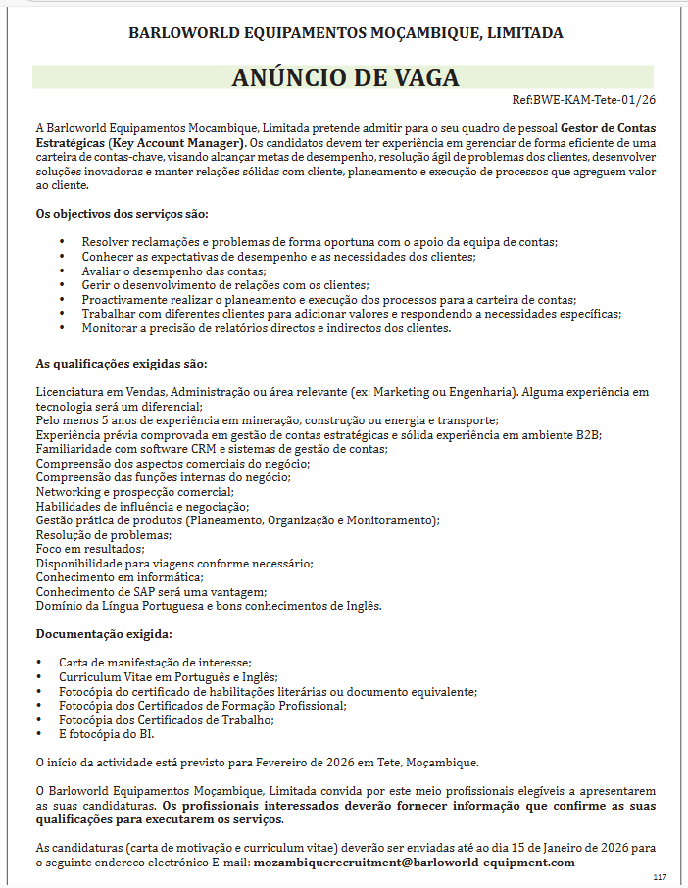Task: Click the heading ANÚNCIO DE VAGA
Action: (x=345, y=77)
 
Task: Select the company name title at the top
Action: (x=345, y=33)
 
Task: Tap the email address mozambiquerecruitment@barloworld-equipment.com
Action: (x=414, y=862)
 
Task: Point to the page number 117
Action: (x=660, y=876)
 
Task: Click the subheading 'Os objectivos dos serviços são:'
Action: (x=122, y=214)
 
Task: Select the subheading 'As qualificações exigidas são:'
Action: (x=122, y=364)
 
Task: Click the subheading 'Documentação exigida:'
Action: (x=104, y=634)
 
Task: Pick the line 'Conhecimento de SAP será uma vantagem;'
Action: (x=151, y=591)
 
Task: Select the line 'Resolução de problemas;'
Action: (x=104, y=534)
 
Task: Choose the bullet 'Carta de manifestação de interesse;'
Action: (x=155, y=663)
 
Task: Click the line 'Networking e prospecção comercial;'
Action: (x=135, y=491)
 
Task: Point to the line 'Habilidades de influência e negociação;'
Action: (x=142, y=506)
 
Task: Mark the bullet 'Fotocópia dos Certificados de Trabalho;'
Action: (x=166, y=719)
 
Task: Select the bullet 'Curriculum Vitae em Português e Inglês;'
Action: (x=168, y=676)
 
